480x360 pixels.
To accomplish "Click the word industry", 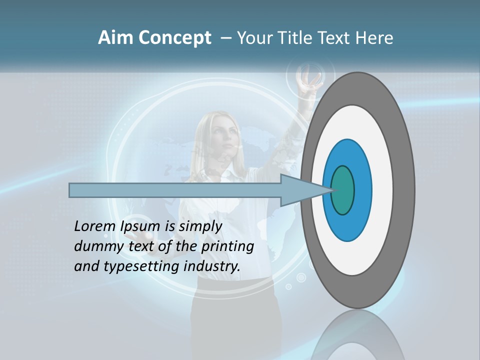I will (x=212, y=266).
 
